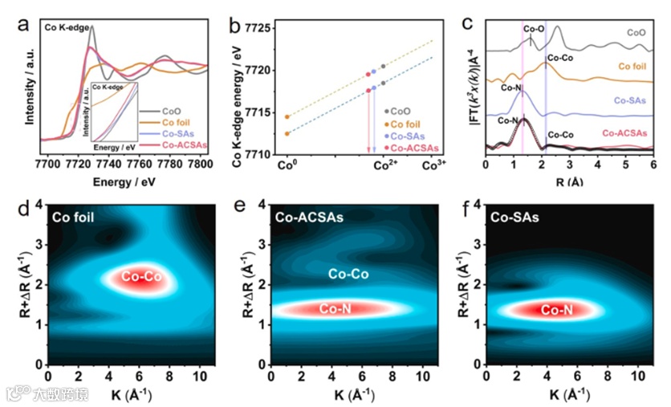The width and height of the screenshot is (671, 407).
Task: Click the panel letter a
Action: [x=23, y=22]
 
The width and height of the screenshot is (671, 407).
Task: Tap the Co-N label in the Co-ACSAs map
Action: [x=335, y=308]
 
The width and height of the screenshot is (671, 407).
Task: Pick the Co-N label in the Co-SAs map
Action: [x=555, y=309]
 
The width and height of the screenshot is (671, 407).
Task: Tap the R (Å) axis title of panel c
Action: [x=569, y=182]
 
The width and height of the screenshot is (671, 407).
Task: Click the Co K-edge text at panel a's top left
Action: [x=67, y=27]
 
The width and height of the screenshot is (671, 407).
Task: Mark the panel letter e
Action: [x=238, y=211]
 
